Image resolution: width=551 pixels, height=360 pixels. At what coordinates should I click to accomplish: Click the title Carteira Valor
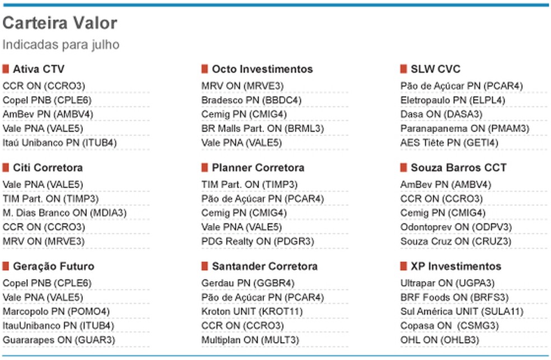[60, 23]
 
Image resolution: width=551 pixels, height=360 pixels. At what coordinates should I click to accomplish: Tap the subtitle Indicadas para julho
[61, 45]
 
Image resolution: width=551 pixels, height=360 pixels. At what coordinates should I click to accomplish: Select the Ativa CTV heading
[39, 69]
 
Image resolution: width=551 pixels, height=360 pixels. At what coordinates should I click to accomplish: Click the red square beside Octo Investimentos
[204, 69]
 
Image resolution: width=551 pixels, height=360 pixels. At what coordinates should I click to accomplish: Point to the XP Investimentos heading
[456, 267]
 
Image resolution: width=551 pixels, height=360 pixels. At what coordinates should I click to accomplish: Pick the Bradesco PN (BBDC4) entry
[251, 100]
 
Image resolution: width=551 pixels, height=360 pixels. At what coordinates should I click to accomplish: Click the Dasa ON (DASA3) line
[441, 114]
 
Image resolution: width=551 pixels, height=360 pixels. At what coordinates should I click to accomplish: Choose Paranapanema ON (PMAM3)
[465, 129]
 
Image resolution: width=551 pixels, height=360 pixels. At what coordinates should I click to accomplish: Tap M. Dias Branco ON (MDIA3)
[64, 213]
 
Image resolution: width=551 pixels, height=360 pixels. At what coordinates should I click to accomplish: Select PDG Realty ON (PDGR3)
[258, 241]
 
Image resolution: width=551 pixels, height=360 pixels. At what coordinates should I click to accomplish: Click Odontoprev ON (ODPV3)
[456, 227]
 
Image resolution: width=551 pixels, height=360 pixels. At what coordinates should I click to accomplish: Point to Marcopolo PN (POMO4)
[56, 311]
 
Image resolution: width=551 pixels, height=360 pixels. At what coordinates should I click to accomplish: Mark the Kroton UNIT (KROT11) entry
[252, 311]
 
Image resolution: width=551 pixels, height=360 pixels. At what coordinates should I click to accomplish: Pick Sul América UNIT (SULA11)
[462, 311]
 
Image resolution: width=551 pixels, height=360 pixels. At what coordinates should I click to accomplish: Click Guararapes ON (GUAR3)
[59, 340]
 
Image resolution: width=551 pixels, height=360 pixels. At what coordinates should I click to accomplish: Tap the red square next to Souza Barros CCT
[403, 167]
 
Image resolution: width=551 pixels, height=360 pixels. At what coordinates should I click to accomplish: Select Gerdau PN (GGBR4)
[248, 283]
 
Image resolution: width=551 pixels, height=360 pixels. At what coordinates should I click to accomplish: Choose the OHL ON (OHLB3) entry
[440, 340]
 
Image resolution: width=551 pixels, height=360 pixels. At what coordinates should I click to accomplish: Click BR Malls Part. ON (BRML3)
[263, 129]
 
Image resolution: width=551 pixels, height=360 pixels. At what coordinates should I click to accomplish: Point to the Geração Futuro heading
[53, 267]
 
